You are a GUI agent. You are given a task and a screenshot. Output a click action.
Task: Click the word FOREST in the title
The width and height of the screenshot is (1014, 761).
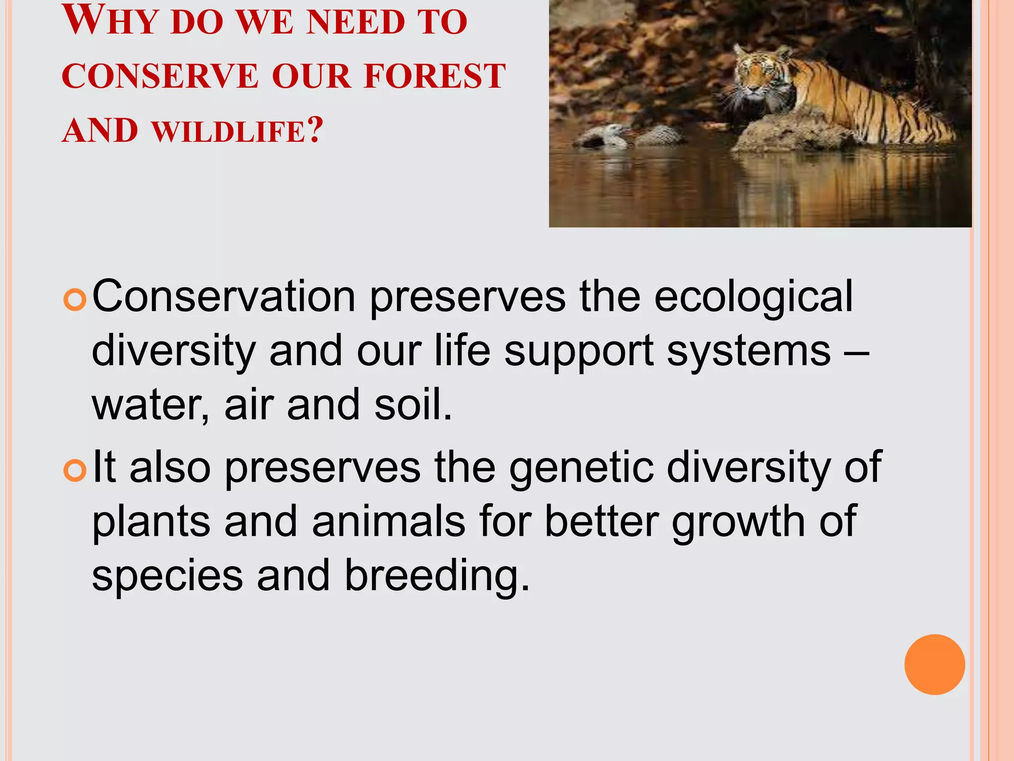(435, 76)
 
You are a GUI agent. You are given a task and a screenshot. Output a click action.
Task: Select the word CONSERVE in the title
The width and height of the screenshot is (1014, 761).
(160, 76)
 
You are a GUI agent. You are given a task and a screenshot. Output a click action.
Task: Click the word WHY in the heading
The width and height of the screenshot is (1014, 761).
(110, 22)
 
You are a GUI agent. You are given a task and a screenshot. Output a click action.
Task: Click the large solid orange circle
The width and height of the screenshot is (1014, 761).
(934, 664)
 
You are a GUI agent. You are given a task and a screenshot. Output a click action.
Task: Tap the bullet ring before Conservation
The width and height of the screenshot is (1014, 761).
(75, 300)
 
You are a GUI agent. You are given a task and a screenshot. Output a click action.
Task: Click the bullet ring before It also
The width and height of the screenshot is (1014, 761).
(75, 471)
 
